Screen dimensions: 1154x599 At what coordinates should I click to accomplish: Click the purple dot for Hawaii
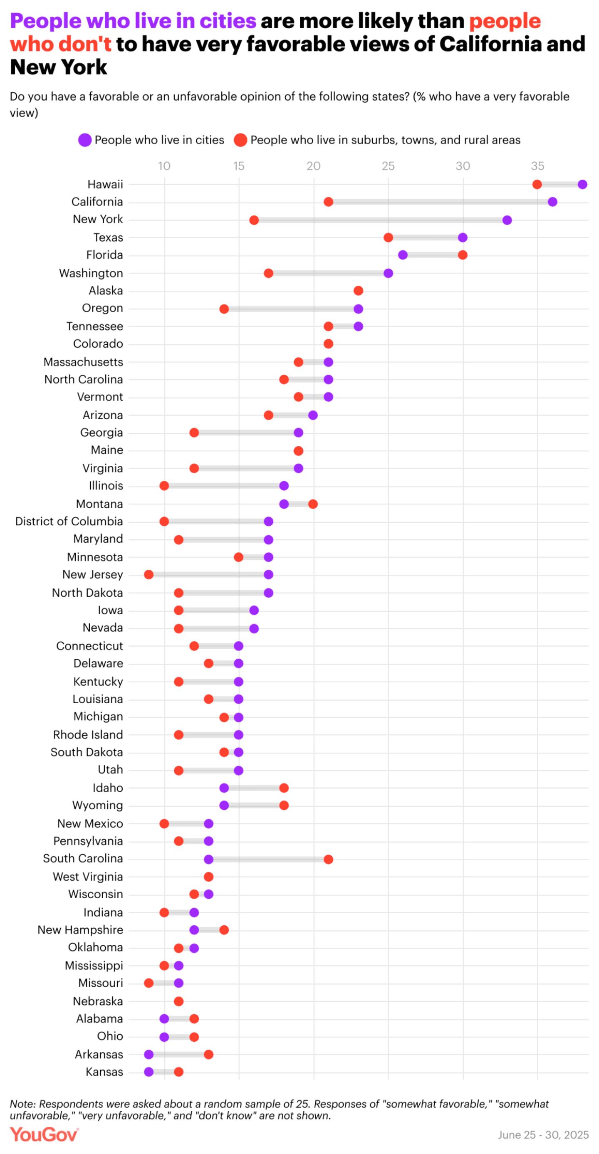(582, 185)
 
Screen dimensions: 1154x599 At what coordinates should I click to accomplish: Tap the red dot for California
(328, 202)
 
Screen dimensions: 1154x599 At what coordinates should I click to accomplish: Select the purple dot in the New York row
(507, 220)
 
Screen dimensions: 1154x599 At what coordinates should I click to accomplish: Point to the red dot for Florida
(463, 255)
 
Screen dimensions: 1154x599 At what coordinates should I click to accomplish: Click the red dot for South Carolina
(328, 859)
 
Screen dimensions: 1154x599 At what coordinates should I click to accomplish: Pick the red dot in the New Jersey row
(149, 575)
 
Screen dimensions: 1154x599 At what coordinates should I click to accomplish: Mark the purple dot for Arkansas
(149, 1054)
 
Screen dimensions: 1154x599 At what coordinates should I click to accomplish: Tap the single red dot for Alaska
(359, 291)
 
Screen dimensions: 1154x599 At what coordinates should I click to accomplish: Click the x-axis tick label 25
(388, 166)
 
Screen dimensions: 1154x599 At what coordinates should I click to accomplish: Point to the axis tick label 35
(537, 166)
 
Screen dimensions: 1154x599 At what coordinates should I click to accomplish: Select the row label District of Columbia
(69, 521)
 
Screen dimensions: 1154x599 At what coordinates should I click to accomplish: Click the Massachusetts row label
(83, 362)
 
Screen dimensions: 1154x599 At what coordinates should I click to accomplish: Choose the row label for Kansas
(104, 1072)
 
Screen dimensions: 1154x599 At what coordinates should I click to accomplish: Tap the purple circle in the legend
(85, 140)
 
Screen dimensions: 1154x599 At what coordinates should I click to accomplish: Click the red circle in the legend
(240, 140)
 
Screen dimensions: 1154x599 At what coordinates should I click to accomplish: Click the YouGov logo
(44, 1135)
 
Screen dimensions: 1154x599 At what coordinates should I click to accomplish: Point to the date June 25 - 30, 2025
(543, 1135)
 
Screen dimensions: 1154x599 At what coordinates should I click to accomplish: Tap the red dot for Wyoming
(284, 806)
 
